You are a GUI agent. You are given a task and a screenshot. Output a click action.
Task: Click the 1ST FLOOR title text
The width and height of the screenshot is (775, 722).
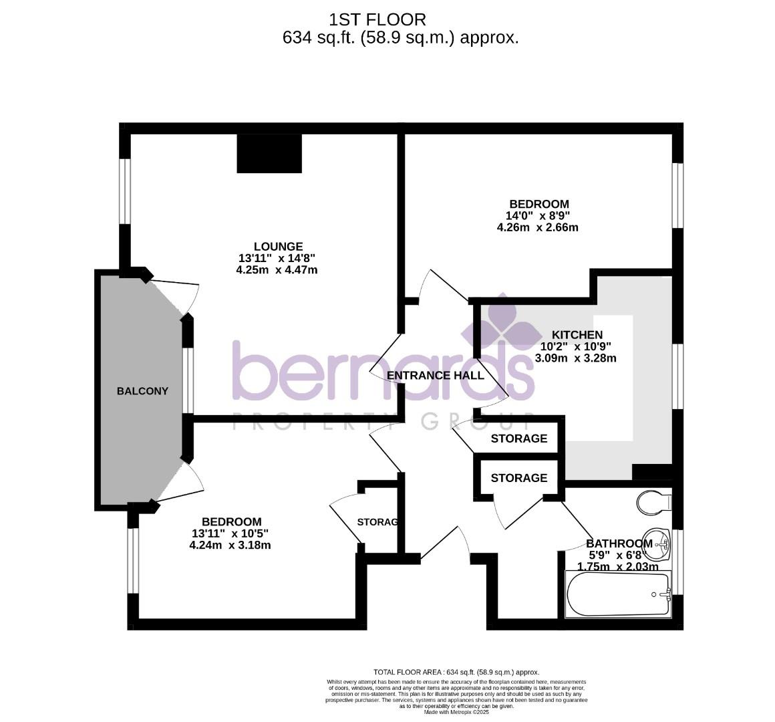pyautogui.click(x=377, y=20)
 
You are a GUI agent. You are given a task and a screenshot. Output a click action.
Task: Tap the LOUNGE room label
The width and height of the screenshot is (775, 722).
pyautogui.click(x=278, y=247)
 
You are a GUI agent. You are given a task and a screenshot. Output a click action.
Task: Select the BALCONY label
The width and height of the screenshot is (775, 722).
pyautogui.click(x=142, y=391)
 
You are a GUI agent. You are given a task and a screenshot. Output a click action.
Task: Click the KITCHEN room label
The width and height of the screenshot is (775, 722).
pyautogui.click(x=577, y=335)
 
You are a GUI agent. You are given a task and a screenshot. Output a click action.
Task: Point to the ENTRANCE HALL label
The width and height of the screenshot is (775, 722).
pyautogui.click(x=436, y=376)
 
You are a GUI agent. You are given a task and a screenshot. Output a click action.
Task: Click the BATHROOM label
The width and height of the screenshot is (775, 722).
pyautogui.click(x=619, y=544)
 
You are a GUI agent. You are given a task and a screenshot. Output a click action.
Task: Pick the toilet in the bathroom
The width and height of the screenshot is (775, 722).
pyautogui.click(x=653, y=501)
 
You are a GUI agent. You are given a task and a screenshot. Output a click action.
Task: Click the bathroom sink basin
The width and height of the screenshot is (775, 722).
pyautogui.click(x=661, y=544)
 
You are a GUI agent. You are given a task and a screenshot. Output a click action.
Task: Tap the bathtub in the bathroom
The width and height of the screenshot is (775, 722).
pyautogui.click(x=617, y=595)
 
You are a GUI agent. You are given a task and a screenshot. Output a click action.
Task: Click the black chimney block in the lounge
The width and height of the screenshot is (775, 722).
pyautogui.click(x=269, y=154)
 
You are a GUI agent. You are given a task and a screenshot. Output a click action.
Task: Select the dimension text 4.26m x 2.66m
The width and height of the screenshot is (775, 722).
pyautogui.click(x=537, y=227)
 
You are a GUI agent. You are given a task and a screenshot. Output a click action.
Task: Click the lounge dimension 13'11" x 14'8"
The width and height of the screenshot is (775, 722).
pyautogui.click(x=277, y=259)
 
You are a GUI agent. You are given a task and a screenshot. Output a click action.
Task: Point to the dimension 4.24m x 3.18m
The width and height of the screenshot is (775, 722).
pyautogui.click(x=230, y=545)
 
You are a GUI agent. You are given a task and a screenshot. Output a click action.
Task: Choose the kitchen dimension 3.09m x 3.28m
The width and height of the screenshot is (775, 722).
pyautogui.click(x=576, y=358)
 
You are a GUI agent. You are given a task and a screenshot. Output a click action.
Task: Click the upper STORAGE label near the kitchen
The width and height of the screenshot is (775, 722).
pyautogui.click(x=519, y=439)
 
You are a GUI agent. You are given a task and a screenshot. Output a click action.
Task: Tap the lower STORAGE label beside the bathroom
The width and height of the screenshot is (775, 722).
pyautogui.click(x=519, y=478)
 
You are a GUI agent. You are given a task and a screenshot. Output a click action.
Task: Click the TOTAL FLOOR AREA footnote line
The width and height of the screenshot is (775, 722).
pyautogui.click(x=456, y=672)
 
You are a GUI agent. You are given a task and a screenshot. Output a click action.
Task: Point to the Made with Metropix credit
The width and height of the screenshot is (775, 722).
pyautogui.click(x=456, y=712)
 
